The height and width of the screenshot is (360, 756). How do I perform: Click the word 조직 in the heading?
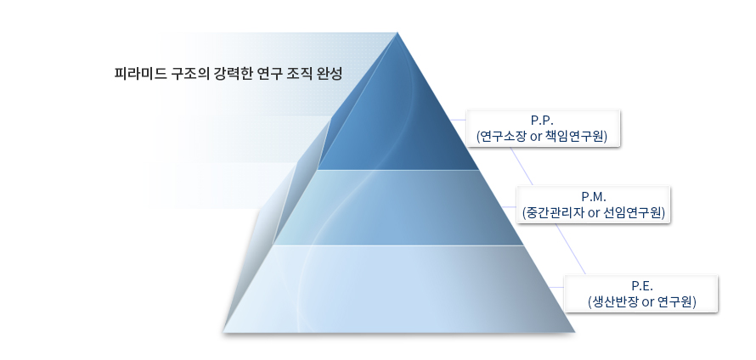(x=298, y=74)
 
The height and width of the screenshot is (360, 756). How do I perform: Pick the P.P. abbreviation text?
(x=541, y=121)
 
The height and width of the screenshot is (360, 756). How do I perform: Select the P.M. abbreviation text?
(x=592, y=197)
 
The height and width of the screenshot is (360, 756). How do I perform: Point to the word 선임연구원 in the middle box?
(x=634, y=212)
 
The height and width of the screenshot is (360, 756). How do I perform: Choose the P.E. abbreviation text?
(x=642, y=286)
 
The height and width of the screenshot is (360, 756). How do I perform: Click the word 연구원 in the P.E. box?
(x=679, y=302)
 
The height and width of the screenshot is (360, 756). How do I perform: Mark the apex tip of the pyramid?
(x=398, y=32)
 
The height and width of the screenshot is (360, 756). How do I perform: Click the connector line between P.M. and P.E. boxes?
(x=572, y=249)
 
